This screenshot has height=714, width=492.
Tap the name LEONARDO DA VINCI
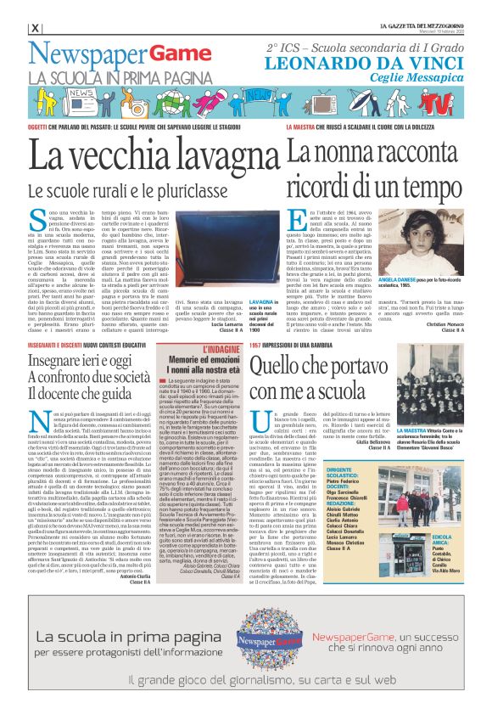pyautogui.click(x=367, y=63)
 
